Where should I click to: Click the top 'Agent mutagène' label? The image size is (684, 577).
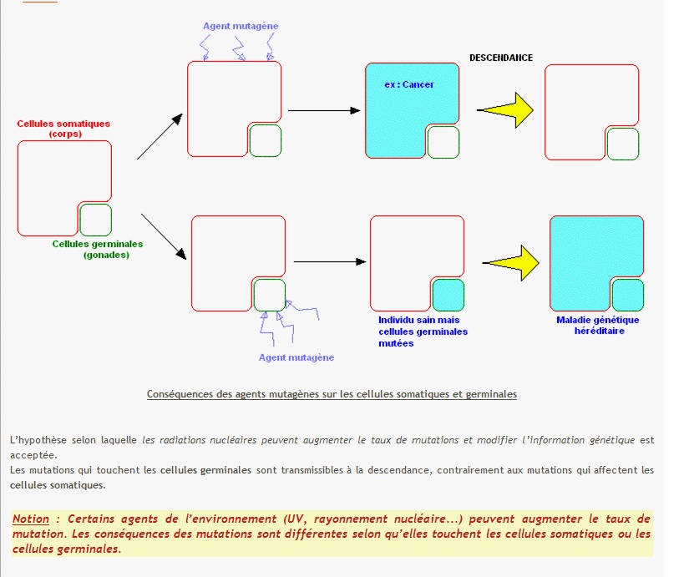click(241, 26)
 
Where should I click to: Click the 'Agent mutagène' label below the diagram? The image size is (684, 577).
click(296, 357)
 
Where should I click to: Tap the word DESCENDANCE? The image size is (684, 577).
click(501, 58)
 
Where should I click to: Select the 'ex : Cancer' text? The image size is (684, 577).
click(409, 84)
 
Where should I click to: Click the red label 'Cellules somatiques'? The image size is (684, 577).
click(63, 124)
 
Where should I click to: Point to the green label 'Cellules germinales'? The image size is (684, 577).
click(98, 244)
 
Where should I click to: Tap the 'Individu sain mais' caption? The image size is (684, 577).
click(418, 320)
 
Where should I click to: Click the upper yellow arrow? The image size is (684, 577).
click(507, 109)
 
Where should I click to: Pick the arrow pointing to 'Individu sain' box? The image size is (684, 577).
click(330, 261)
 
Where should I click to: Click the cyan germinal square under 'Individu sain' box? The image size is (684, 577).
click(448, 295)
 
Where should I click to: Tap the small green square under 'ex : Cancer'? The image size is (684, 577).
click(443, 142)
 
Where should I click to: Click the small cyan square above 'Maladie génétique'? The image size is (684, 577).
click(628, 295)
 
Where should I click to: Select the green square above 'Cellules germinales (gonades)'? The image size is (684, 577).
click(95, 220)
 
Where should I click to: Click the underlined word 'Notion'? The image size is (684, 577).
click(31, 519)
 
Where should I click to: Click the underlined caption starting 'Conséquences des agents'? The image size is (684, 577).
click(332, 394)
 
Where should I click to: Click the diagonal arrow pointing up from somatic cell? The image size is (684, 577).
click(159, 136)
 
